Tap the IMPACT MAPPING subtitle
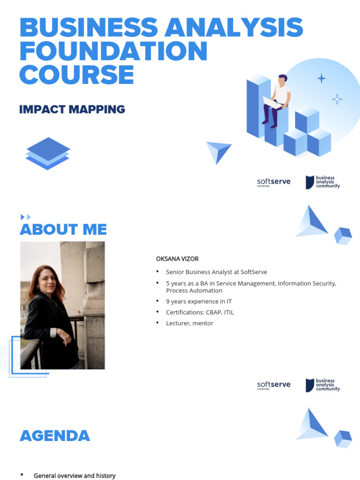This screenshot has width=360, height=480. pyautogui.click(x=72, y=110)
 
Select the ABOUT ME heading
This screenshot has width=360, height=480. pyautogui.click(x=63, y=230)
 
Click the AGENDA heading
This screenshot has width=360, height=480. pyautogui.click(x=54, y=436)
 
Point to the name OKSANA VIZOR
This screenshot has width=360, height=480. pyautogui.click(x=174, y=259)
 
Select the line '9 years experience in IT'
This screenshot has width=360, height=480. pyautogui.click(x=199, y=301)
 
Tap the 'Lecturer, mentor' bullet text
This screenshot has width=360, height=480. pyautogui.click(x=189, y=323)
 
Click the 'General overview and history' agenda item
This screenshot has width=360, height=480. pyautogui.click(x=75, y=476)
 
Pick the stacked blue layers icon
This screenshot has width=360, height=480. pyautogui.click(x=47, y=153)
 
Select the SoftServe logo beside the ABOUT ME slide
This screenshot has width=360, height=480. pyautogui.click(x=274, y=385)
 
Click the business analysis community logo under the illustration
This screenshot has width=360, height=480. pyautogui.click(x=322, y=182)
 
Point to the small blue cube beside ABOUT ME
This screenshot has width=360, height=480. pyautogui.click(x=343, y=235)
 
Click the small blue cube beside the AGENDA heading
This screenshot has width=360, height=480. pyautogui.click(x=343, y=439)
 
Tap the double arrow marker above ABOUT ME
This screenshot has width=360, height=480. pyautogui.click(x=26, y=217)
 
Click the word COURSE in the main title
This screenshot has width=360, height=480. pyautogui.click(x=76, y=75)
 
